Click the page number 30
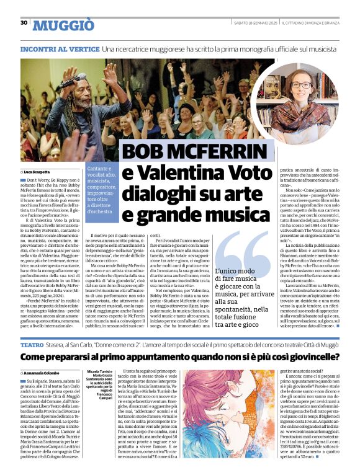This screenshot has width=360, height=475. click(x=24, y=23)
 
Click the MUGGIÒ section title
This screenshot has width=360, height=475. click(x=63, y=25)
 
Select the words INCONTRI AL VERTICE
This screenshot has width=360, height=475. click(x=60, y=48)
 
